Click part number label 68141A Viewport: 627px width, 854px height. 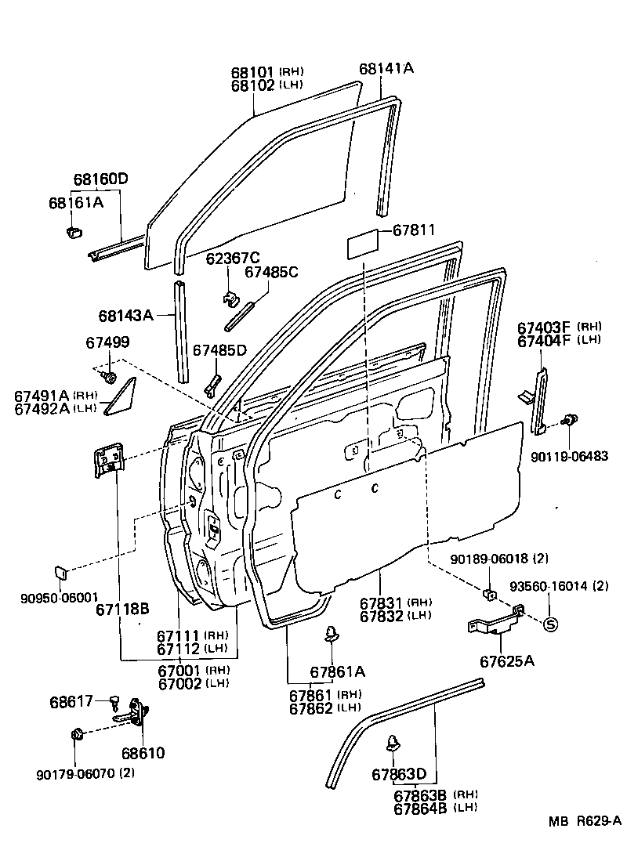386,69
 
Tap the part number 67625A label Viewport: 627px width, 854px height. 507,661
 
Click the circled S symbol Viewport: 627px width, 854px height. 549,624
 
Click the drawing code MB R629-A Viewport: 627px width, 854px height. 584,822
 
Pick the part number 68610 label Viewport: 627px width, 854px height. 143,753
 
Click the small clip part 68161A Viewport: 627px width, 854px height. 74,233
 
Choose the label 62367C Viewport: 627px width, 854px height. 233,258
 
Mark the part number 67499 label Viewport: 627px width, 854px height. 107,342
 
